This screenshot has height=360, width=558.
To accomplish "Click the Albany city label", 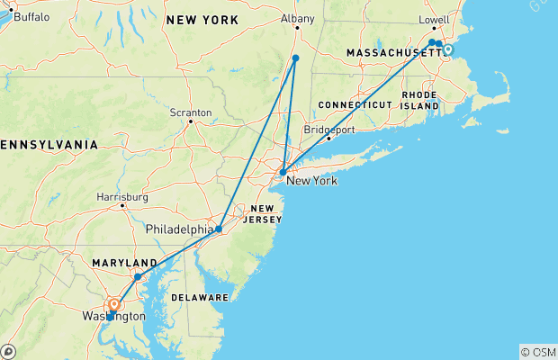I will click(x=298, y=18).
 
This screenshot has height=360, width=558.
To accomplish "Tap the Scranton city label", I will click(x=191, y=112).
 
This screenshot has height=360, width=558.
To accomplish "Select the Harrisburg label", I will click(x=121, y=196).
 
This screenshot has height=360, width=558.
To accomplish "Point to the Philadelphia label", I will click(x=180, y=230).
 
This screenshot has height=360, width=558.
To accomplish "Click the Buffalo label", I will click(x=31, y=17).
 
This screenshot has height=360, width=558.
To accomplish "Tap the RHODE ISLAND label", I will click(x=418, y=101).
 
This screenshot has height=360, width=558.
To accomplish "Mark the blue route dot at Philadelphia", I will click(x=219, y=229).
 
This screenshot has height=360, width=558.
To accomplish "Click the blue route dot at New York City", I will click(x=283, y=172).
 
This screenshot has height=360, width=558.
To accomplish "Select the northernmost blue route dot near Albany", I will click(x=295, y=58).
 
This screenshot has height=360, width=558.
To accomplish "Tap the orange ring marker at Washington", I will click(x=113, y=305).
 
